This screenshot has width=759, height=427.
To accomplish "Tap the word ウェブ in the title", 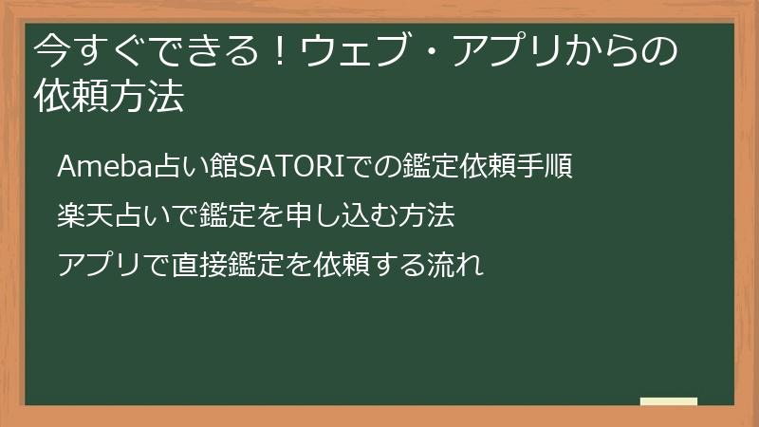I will [x=352, y=51].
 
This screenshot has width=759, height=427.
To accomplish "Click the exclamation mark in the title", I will [x=278, y=51].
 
